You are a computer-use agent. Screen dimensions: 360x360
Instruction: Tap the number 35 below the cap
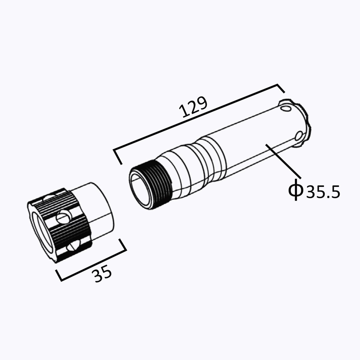(x=102, y=274)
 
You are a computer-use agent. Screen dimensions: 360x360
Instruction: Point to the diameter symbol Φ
(x=296, y=189)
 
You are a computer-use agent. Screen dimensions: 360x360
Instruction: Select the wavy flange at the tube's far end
(x=305, y=126)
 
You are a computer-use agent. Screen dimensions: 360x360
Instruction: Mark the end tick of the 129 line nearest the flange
(x=280, y=89)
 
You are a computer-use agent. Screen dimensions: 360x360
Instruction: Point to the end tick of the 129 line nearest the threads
(x=117, y=156)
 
